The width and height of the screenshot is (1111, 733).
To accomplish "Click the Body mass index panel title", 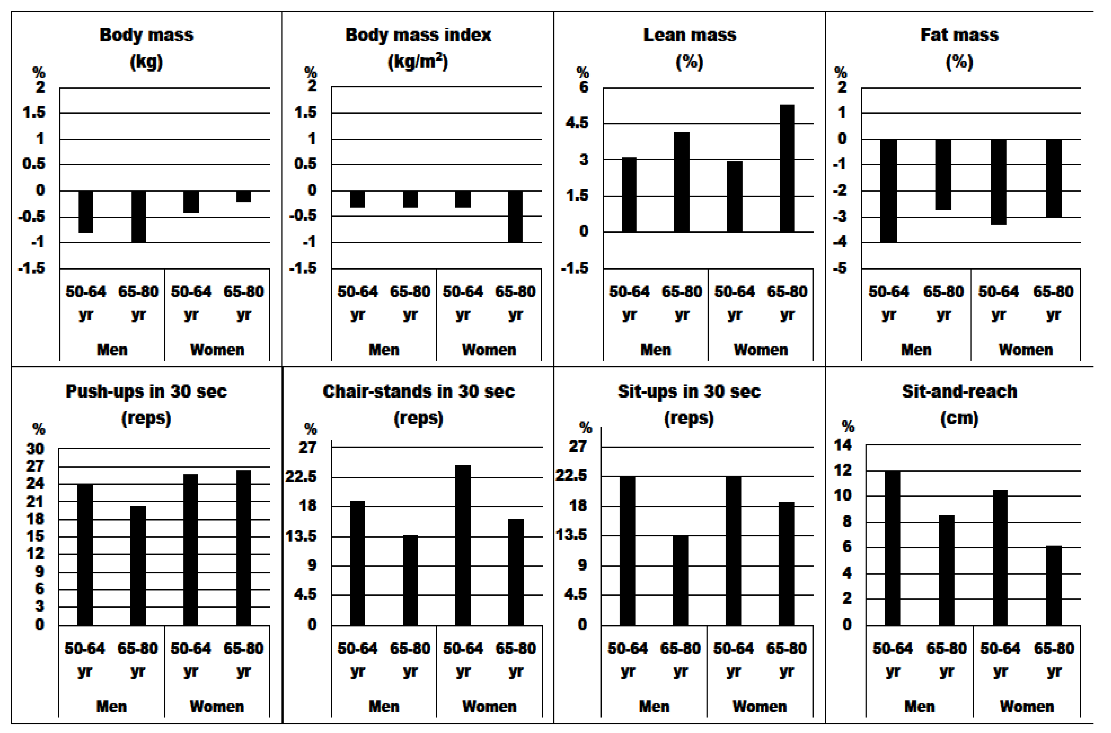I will [x=418, y=35].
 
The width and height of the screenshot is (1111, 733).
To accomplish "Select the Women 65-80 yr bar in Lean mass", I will [x=787, y=168].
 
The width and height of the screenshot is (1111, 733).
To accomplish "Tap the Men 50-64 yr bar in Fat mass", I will [x=888, y=191].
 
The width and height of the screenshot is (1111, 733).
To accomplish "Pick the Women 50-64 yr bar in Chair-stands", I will [x=463, y=545].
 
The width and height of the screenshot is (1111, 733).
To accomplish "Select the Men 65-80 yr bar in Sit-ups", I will [x=680, y=580].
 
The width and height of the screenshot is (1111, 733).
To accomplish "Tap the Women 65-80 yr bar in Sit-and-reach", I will [x=1053, y=585].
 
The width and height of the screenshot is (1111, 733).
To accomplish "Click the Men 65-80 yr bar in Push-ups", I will [x=138, y=566].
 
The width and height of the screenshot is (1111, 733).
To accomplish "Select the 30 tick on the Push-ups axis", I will [x=35, y=449].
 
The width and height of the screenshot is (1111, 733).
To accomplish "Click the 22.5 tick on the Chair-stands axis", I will [x=301, y=477].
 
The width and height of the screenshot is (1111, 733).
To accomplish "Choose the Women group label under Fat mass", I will [x=1026, y=350].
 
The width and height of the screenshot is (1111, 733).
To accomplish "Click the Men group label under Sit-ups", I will [x=654, y=706].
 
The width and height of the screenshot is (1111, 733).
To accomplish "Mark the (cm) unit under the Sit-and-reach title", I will [x=959, y=418].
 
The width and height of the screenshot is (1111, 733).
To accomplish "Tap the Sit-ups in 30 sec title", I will [x=689, y=391].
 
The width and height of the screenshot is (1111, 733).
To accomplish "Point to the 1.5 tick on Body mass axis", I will [x=34, y=113].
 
